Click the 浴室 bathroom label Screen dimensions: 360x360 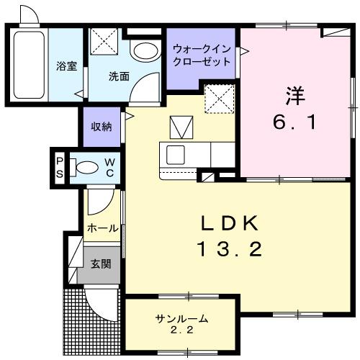[x=66, y=67]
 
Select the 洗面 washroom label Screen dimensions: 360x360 [x=119, y=76]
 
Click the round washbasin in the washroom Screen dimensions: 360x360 [x=146, y=51]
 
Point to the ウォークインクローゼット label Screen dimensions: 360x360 [x=202, y=55]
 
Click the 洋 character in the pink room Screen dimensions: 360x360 [x=293, y=94]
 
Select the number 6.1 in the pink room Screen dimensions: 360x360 [x=294, y=122]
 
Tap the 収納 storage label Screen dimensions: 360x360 [x=101, y=127]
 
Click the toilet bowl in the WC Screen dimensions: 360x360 [x=86, y=168]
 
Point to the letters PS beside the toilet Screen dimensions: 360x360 [x=60, y=168]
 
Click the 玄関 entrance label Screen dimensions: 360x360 [x=101, y=264]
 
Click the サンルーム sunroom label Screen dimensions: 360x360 [x=182, y=318]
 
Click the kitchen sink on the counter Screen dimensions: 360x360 [x=176, y=153]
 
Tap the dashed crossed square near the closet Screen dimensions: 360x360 [x=215, y=99]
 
